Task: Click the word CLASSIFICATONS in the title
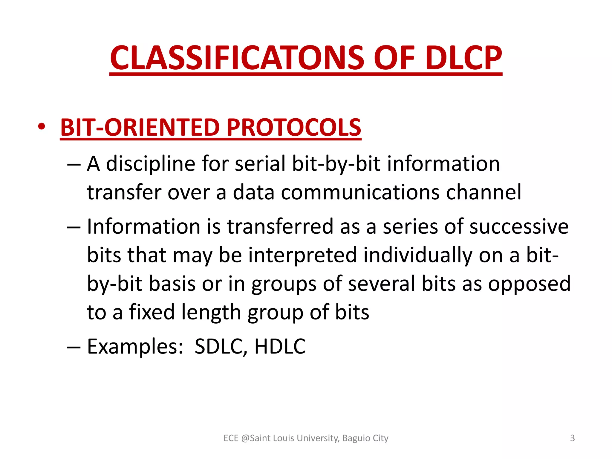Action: [237, 58]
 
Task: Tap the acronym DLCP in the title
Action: [463, 58]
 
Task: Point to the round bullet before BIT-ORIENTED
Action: [42, 127]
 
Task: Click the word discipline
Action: [151, 164]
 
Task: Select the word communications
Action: [360, 192]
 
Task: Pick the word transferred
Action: [280, 227]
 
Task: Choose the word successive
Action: [519, 227]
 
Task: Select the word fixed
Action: [152, 312]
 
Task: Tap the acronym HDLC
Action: [280, 347]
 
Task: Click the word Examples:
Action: [135, 347]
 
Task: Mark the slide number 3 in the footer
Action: [572, 438]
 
